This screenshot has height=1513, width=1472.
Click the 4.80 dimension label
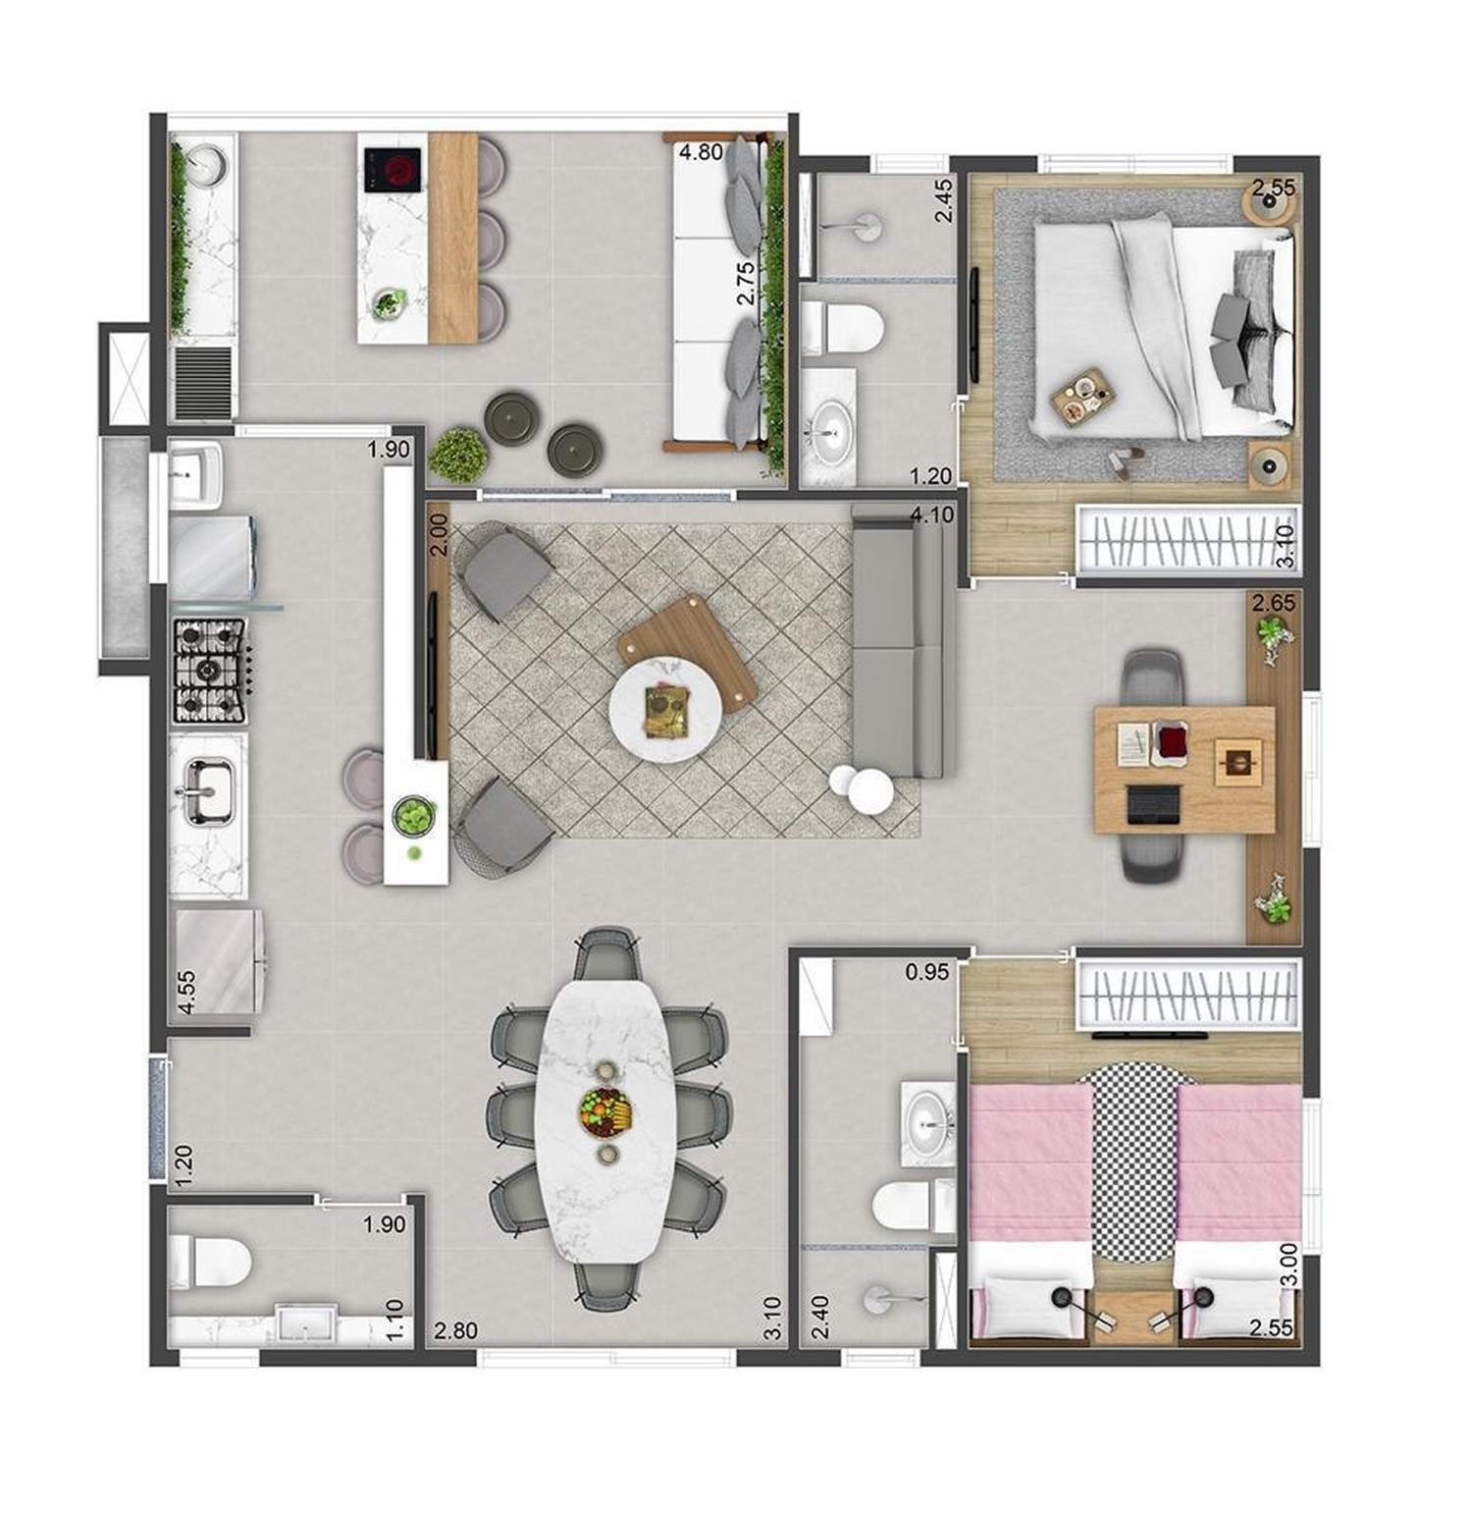point(701,153)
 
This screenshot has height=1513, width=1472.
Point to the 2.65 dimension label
point(1274,602)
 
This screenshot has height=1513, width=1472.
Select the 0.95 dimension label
point(926,972)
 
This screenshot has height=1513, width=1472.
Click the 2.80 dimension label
point(455,1331)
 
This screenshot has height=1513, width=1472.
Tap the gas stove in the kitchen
point(210,672)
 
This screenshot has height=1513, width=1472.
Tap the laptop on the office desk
point(1153,805)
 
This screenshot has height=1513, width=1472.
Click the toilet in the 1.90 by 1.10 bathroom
point(210,1262)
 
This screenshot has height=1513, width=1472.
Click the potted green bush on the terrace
point(458,455)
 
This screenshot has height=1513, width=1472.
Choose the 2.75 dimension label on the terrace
point(746,283)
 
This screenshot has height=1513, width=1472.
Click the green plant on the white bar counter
point(414,814)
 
